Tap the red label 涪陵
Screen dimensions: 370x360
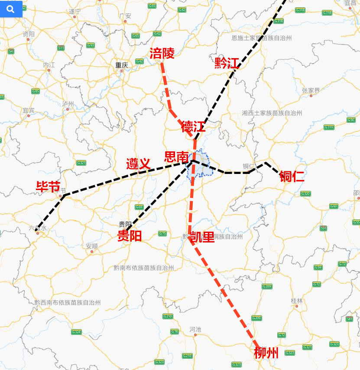point(162,54)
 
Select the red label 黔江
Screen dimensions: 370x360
point(227,63)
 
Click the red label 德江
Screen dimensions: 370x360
point(193,127)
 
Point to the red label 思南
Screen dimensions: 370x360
point(176,157)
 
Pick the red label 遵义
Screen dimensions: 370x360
point(138,164)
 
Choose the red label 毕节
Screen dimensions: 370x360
point(48,187)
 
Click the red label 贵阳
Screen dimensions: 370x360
point(129,236)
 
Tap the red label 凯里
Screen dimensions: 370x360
point(203,237)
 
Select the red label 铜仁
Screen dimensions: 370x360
point(292,176)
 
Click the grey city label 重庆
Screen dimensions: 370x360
point(122,65)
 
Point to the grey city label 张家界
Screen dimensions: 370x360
point(311,90)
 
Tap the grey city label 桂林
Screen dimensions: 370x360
point(297,301)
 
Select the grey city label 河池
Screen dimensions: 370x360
point(195,329)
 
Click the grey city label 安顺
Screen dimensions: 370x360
point(92,246)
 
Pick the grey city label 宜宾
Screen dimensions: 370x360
point(29,110)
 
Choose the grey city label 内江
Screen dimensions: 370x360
point(49,65)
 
